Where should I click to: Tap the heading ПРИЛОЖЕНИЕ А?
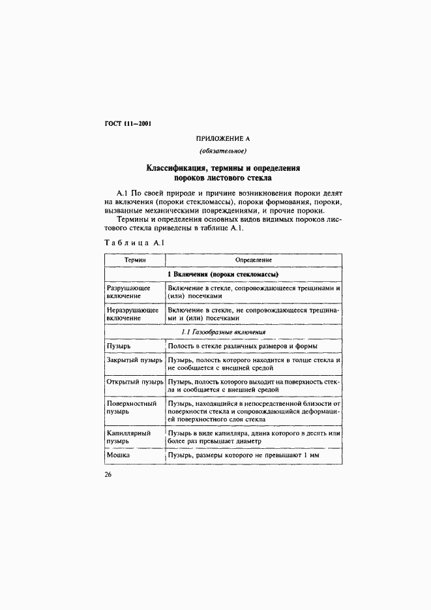coord(223,138)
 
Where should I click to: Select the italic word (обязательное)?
coord(223,152)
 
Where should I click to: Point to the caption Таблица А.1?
coord(134,243)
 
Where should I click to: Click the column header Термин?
coord(135,260)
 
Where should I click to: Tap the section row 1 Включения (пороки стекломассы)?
coord(223,274)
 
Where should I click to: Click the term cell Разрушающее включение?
coord(128,292)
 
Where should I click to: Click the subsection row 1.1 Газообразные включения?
coord(223,331)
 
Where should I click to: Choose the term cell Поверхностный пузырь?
coord(131,408)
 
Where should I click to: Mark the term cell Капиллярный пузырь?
coord(128,436)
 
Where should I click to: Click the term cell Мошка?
coord(119,455)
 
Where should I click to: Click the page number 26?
coord(108,474)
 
